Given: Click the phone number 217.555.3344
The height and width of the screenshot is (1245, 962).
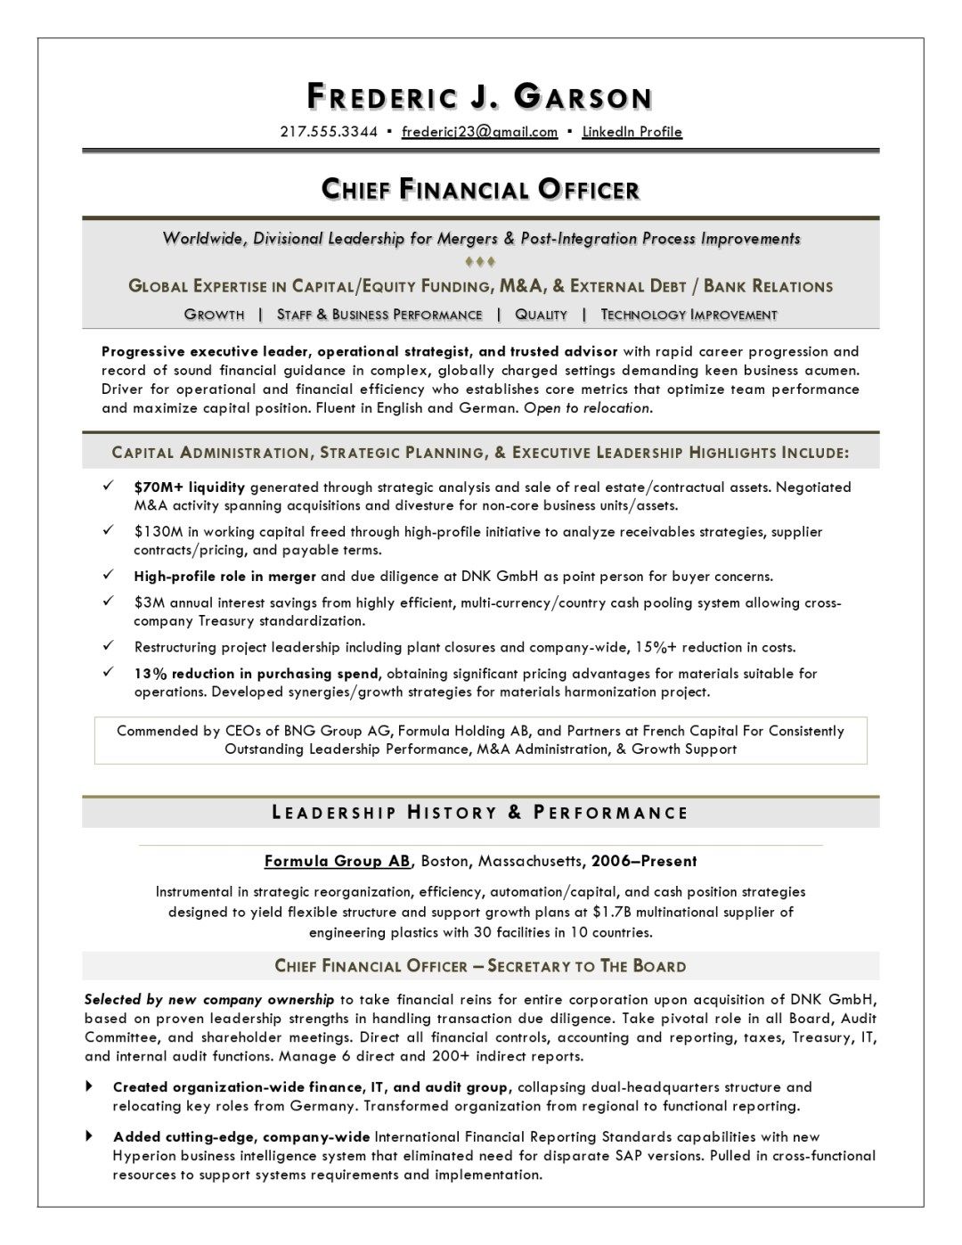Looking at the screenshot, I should coord(329,132).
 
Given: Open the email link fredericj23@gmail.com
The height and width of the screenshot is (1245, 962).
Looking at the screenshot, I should coord(479,132).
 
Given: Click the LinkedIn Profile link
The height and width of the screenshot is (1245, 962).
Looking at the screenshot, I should coord(632,132).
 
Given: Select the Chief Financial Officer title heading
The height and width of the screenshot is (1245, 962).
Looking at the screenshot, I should coord(480,189).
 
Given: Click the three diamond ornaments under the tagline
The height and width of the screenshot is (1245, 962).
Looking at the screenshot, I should coord(480,262).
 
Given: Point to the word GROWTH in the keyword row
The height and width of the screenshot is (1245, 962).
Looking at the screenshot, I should coord(214,315).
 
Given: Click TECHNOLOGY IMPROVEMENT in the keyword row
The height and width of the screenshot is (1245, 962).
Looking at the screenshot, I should coord(689,315).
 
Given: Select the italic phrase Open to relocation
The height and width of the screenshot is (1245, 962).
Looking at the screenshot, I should coord(588,408).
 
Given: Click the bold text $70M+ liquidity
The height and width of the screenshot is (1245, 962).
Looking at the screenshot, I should coord(189,487).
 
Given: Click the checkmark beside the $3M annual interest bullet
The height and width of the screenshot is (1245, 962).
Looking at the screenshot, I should coord(108,602).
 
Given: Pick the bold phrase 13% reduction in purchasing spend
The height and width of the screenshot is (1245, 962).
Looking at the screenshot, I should coord(257,674).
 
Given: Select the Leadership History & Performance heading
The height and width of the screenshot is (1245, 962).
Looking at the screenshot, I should coord(480,813).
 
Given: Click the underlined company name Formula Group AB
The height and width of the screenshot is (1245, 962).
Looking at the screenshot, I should coord(338,861).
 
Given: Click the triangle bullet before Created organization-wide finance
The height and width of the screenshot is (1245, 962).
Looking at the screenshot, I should coord(90,1086).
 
